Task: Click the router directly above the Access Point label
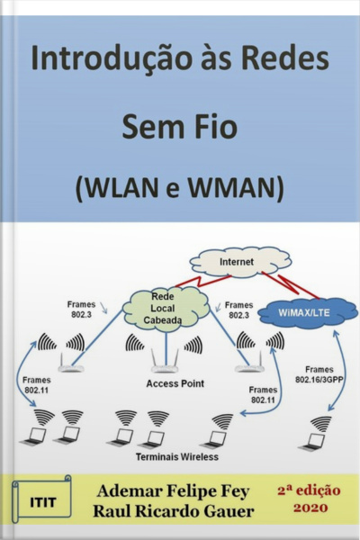tap(163, 364)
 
